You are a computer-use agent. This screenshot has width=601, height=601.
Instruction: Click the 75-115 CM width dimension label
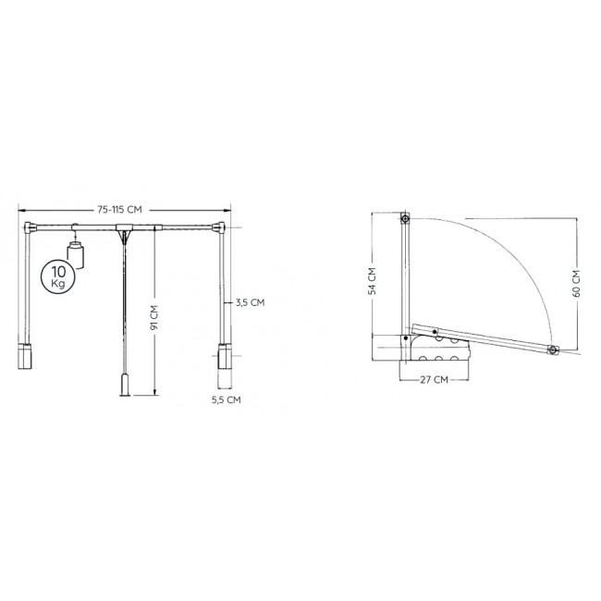click(x=119, y=210)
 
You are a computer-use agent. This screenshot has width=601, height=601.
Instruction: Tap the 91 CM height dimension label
click(x=154, y=317)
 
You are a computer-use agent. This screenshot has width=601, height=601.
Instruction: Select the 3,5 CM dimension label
click(x=250, y=302)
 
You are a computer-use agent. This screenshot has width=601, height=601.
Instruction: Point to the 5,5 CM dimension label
click(x=227, y=399)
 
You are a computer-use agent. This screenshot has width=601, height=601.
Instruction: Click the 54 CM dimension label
click(x=372, y=281)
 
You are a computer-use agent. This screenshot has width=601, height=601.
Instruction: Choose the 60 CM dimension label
click(x=576, y=283)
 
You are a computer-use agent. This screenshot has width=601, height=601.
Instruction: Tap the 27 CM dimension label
click(x=434, y=380)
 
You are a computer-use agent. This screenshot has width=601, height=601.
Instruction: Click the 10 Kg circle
click(x=58, y=276)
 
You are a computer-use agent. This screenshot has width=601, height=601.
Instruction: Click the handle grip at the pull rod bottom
click(x=125, y=386)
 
